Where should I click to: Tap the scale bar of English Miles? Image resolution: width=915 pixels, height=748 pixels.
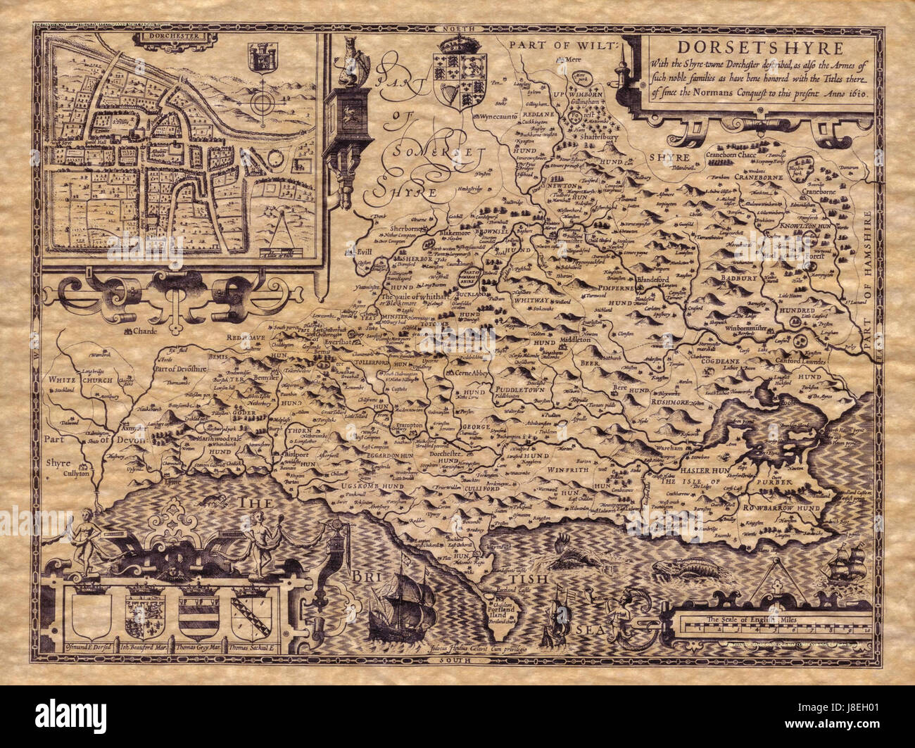775,623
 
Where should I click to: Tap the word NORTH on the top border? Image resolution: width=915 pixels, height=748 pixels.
455,27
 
